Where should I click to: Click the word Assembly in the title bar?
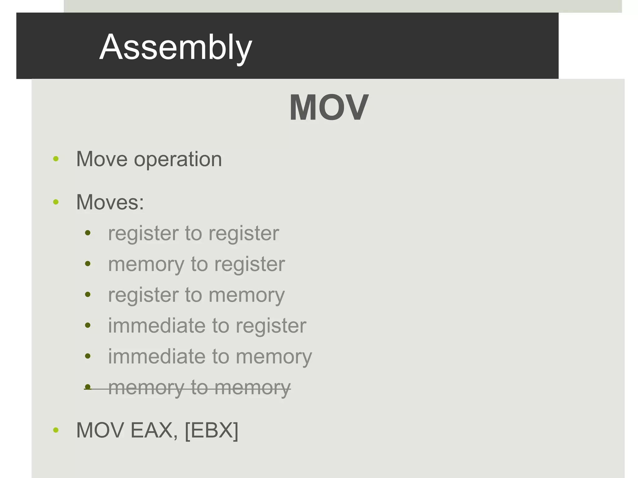tap(176, 47)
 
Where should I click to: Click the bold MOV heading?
tap(329, 107)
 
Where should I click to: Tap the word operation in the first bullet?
tap(178, 159)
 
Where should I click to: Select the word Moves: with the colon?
tap(110, 202)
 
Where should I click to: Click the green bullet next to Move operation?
tap(56, 159)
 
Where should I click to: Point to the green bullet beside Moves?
tap(56, 202)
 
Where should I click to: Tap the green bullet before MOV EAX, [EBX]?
tap(56, 430)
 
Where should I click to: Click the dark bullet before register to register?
tap(88, 233)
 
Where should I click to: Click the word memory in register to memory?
tap(246, 295)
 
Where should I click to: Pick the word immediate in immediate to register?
tap(157, 326)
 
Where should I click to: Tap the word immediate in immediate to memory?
tap(157, 356)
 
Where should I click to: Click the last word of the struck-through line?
tap(252, 388)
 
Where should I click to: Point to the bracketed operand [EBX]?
tap(212, 430)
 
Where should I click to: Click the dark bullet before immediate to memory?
tap(88, 356)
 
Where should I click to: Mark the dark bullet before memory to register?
tap(88, 264)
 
